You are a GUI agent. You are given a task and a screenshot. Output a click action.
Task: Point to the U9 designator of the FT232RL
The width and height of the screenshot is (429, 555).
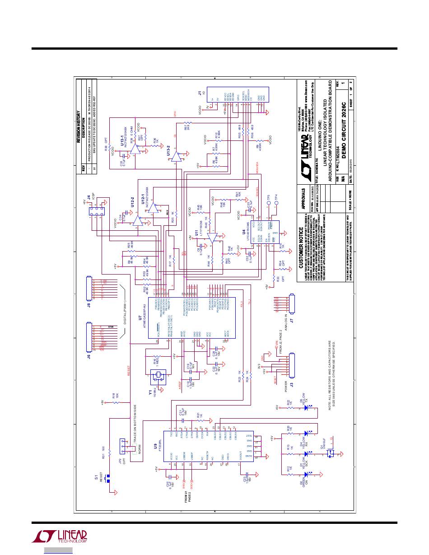pos(155,448)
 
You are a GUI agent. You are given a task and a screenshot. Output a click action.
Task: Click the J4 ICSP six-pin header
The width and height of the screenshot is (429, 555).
pos(97,212)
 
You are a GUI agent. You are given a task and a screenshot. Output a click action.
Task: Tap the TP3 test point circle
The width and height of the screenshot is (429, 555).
pos(268,198)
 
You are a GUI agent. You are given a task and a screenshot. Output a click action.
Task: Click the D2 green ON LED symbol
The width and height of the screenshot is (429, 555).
pos(306,474)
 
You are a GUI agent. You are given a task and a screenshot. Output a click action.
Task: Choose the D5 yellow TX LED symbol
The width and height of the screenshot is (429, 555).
pos(306,408)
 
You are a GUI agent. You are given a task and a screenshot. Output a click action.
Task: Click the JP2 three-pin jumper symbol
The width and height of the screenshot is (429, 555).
pos(122,448)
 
